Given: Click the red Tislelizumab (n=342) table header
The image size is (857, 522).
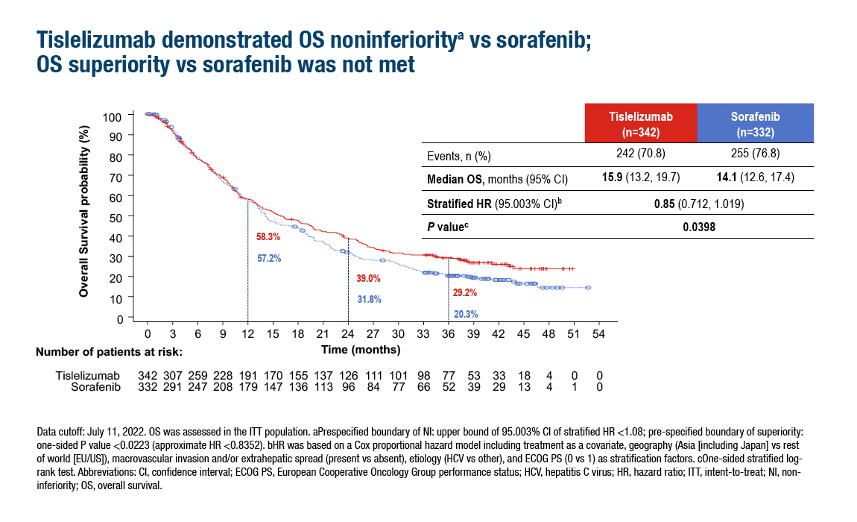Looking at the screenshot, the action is click(x=641, y=123).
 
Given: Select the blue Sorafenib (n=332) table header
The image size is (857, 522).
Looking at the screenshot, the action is click(x=756, y=123).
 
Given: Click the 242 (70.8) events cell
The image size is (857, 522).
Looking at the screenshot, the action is click(x=641, y=153).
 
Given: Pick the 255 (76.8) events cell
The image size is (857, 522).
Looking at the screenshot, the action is click(x=756, y=153).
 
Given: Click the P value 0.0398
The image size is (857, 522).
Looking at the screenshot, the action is click(x=699, y=227).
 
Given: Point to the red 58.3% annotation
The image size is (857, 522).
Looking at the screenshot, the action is click(x=268, y=236).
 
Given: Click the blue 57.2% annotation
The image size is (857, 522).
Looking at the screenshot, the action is click(x=269, y=258).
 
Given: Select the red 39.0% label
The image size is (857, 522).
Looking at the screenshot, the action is click(x=368, y=278).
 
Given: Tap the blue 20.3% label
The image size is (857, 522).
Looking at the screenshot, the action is click(x=466, y=314).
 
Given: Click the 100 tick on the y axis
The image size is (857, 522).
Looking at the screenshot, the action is click(x=112, y=117).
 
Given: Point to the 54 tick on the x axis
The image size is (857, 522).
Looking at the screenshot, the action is click(x=599, y=334).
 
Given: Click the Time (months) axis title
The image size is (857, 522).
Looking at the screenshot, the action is click(x=361, y=350).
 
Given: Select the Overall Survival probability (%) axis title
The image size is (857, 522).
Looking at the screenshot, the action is click(x=83, y=212).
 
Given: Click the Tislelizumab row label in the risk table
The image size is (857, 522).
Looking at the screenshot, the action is click(x=87, y=375).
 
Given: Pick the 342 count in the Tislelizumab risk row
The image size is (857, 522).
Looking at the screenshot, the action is click(x=148, y=375).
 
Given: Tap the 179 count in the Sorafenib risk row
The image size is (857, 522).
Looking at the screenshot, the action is click(x=248, y=387).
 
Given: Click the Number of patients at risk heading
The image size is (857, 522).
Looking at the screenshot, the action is click(x=110, y=352).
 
